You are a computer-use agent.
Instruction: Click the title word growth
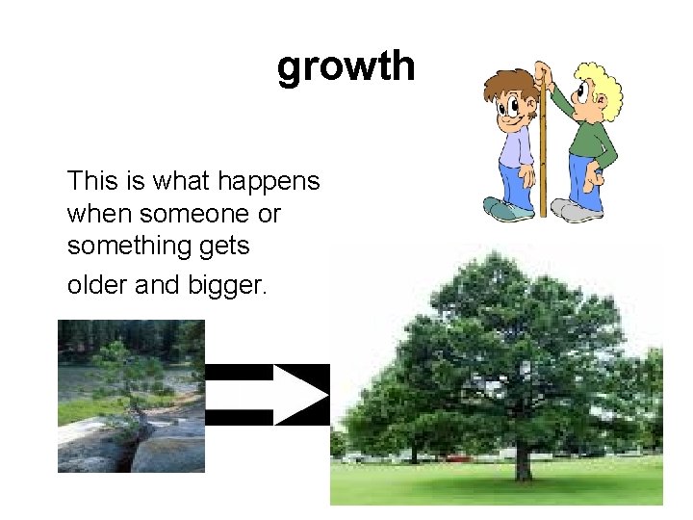346,67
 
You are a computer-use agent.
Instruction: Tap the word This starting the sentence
91,181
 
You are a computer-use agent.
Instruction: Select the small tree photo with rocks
131,396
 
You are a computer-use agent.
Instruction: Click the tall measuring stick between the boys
543,144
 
